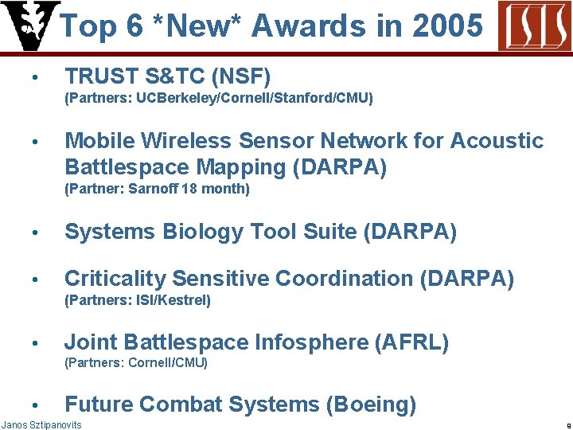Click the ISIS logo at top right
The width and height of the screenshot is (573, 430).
534,25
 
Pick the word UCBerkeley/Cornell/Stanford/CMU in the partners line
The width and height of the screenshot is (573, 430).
252,99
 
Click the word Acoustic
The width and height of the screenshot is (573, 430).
497,141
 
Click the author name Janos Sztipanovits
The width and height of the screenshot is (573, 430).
41,424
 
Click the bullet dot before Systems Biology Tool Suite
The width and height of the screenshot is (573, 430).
35,233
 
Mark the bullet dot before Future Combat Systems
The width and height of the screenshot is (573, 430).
35,405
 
